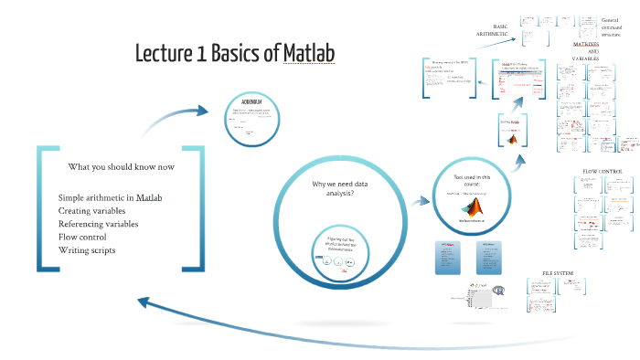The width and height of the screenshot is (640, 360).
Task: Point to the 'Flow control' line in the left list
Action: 85,237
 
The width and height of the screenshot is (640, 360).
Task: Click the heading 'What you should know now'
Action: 121,167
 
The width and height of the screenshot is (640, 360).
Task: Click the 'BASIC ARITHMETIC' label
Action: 492,30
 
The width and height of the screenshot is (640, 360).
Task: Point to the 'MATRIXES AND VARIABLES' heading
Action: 592,50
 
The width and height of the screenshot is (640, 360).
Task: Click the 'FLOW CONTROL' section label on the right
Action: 602,172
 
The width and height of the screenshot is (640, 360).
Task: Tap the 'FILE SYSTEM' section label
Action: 559,273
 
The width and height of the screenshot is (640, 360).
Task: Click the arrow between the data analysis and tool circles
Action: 418,199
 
